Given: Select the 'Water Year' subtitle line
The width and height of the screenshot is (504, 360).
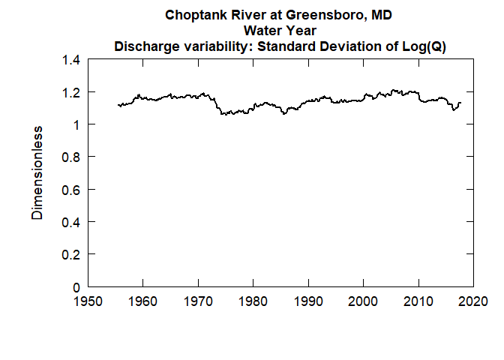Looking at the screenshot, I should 280,31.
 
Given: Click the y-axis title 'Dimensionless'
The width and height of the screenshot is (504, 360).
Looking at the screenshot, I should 37,173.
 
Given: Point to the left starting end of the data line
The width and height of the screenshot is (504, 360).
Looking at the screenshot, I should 118,105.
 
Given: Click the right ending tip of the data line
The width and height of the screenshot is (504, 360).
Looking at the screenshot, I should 460,103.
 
